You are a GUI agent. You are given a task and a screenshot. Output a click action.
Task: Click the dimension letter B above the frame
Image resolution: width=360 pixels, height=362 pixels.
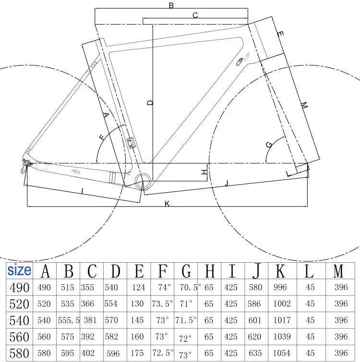[x=171, y=6]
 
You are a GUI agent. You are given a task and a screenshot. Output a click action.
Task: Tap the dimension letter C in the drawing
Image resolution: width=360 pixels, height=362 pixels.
[x=195, y=15]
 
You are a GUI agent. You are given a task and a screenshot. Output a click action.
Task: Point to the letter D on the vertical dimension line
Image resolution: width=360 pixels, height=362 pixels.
[x=150, y=103]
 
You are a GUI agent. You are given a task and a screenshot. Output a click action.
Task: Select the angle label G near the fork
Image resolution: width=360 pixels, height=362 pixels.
[x=269, y=144]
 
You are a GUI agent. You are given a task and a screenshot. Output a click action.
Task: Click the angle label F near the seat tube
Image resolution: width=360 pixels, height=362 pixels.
[x=102, y=138]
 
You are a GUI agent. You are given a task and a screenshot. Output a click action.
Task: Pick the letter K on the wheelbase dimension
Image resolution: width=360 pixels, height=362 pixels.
[x=167, y=204]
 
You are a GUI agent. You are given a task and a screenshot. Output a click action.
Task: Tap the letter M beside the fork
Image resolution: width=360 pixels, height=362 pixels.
[x=304, y=105]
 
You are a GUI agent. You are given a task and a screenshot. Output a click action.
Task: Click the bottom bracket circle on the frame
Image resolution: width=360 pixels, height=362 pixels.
[x=143, y=180]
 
